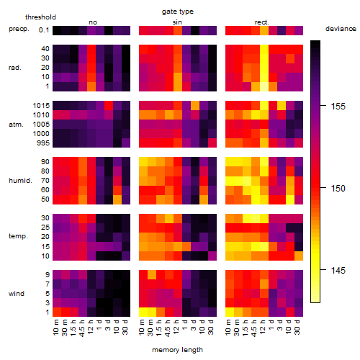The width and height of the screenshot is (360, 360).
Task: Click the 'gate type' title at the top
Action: click(178, 12)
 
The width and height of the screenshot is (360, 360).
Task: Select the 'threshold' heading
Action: click(40, 17)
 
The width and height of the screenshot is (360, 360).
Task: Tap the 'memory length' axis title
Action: click(177, 350)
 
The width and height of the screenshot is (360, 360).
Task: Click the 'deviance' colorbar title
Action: click(341, 29)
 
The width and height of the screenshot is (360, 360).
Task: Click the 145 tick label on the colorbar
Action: click(338, 271)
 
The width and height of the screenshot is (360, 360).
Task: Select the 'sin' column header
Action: click(177, 22)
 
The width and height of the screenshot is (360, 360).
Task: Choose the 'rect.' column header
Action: click(261, 22)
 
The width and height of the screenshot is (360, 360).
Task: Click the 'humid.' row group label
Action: click(20, 180)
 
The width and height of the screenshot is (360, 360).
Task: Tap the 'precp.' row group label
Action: click(19, 29)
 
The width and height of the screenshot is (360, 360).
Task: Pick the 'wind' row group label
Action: click(17, 293)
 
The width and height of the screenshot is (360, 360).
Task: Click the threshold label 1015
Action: click(41, 105)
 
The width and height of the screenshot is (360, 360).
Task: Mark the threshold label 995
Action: click(43, 143)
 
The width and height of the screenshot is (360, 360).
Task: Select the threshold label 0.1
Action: click(44, 30)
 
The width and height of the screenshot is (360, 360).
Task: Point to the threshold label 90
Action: click(45, 161)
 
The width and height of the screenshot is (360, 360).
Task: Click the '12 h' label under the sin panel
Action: click(176, 327)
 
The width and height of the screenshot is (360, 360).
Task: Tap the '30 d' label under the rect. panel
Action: click(297, 327)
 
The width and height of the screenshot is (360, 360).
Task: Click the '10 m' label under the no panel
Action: click(55, 328)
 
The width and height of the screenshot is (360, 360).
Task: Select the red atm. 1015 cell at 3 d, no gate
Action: click(109, 105)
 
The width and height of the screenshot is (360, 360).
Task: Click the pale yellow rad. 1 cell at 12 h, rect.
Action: click(264, 86)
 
